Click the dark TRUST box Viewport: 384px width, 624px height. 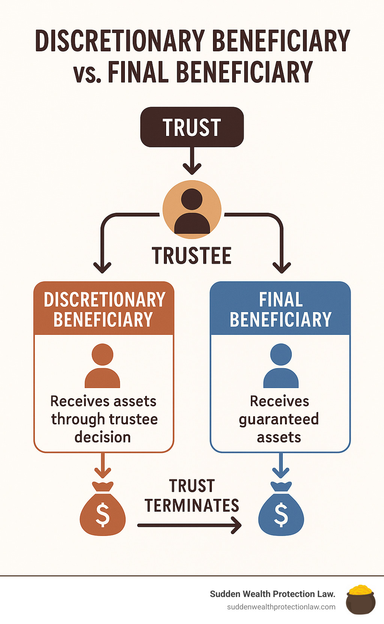click(192, 127)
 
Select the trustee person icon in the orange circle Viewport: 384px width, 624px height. click(192, 210)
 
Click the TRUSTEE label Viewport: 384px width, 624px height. click(192, 256)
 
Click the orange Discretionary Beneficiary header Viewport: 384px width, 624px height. click(104, 309)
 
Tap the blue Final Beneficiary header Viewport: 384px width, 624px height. click(280, 309)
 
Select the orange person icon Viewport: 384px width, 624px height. click(102, 366)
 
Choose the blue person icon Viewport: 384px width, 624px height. click(281, 366)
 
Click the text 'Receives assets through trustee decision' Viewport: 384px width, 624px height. click(104, 419)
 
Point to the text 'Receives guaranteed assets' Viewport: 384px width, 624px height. click(279, 419)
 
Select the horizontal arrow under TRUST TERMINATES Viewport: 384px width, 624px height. click(189, 525)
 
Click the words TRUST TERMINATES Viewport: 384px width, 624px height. click(192, 496)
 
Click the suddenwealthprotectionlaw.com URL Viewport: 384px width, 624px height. click(281, 607)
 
